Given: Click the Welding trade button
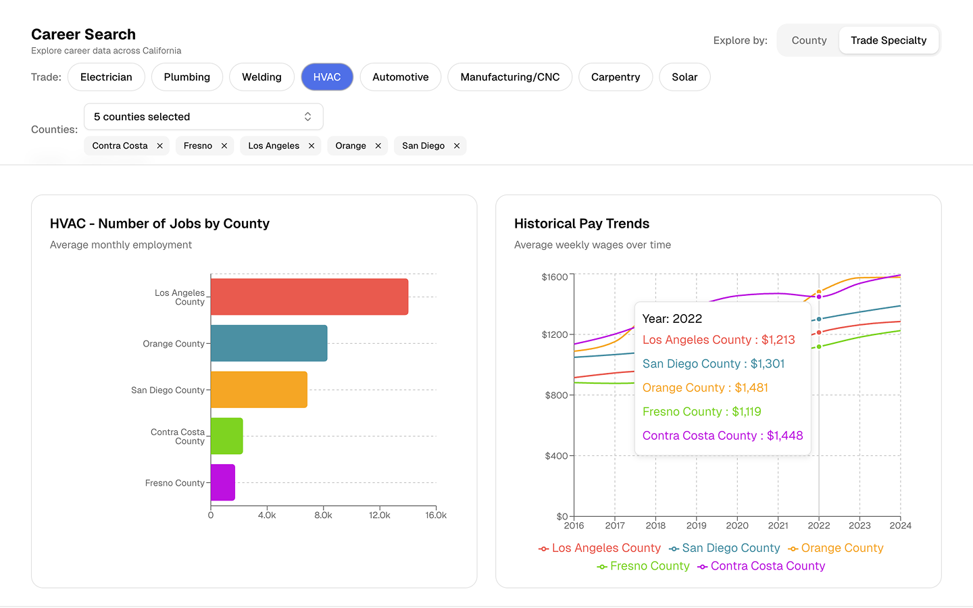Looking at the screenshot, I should tap(261, 77).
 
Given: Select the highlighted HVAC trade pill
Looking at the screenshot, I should tap(327, 77).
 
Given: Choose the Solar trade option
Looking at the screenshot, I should tap(684, 77).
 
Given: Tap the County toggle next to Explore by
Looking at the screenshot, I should tap(809, 41).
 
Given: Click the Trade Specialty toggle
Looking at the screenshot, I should tap(888, 41).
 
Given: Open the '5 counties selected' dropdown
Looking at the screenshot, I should tap(203, 117).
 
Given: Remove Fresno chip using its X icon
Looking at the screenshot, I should tap(224, 146).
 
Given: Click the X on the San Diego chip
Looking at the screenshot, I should tap(457, 146).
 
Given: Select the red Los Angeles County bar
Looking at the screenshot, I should tap(309, 297).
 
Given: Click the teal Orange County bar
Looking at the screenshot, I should tap(268, 343).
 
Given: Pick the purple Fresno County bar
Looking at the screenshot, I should tap(222, 482).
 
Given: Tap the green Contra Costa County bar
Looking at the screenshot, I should tap(226, 436).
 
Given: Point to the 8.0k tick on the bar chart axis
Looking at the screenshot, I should tap(323, 515).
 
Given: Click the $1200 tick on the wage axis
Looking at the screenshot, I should tap(555, 334).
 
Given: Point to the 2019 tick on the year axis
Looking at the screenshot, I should tap(696, 526).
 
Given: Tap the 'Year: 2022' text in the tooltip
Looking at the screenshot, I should tap(672, 319).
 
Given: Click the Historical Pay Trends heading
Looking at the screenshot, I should tap(581, 224).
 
